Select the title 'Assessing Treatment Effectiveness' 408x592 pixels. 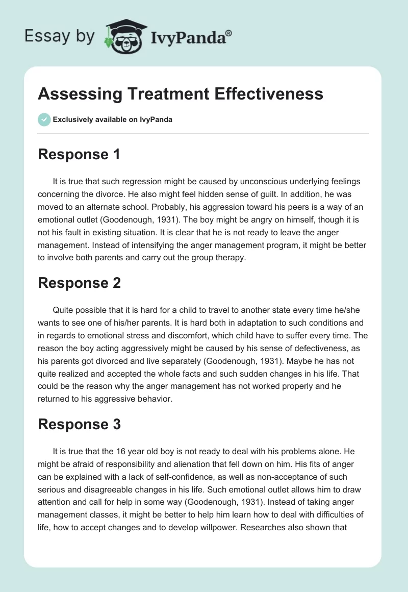coord(181,94)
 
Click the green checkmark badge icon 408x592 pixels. coord(44,119)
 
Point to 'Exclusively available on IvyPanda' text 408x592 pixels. coord(113,120)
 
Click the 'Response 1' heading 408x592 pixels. coord(79,154)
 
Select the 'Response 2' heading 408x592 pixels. coord(80,283)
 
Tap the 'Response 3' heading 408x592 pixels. coord(80,425)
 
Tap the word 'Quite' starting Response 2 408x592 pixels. coord(63,310)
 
